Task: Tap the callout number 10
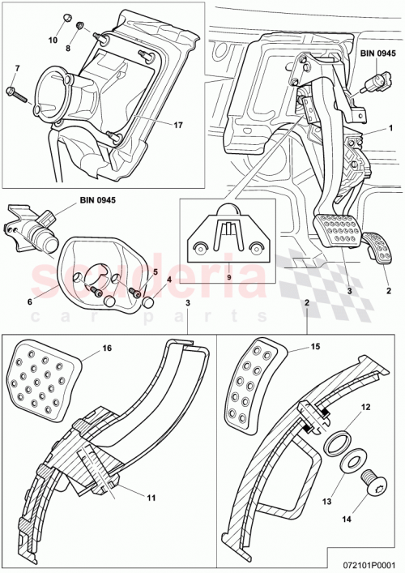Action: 53,39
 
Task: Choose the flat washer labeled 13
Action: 351,466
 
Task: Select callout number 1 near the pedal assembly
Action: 390,128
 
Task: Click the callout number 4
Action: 168,281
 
